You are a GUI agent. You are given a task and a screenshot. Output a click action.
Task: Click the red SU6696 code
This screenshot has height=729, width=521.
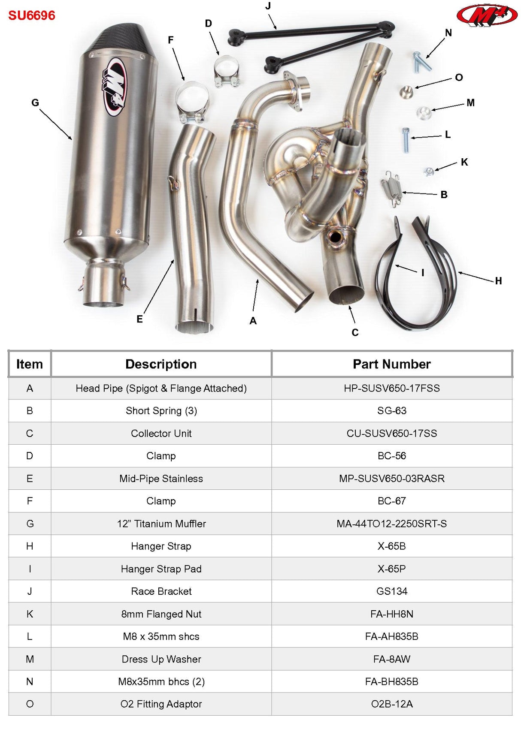[32, 16]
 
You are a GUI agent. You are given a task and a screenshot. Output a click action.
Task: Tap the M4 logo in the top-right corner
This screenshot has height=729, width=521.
[487, 16]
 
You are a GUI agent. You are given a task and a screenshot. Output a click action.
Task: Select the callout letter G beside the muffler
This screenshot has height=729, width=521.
[35, 103]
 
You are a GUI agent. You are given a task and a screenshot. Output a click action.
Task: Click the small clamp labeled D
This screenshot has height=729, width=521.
[226, 72]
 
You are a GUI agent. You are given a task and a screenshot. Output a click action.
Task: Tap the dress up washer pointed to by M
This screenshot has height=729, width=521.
[424, 113]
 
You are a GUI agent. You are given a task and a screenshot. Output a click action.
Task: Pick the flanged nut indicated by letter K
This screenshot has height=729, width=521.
[428, 171]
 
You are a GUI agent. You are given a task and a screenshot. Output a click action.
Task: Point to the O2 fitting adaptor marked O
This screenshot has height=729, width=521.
[406, 90]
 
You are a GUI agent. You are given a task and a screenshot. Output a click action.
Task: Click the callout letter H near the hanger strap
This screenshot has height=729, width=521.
[498, 281]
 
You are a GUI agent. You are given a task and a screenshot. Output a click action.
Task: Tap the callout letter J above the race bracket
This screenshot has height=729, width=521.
[268, 6]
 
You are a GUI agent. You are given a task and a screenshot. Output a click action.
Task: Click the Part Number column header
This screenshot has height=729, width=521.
[391, 364]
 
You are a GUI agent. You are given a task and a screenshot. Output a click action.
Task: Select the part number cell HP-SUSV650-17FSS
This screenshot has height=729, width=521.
[391, 388]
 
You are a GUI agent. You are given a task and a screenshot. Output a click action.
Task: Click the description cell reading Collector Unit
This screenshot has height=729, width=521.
[161, 433]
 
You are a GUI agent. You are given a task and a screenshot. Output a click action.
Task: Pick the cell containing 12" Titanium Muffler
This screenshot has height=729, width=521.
[161, 524]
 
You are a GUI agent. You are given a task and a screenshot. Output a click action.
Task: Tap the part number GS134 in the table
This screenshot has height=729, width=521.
[391, 591]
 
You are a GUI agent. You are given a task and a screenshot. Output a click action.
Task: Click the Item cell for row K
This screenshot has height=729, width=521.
[30, 614]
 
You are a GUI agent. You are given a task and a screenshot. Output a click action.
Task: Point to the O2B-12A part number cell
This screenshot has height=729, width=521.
[391, 704]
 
